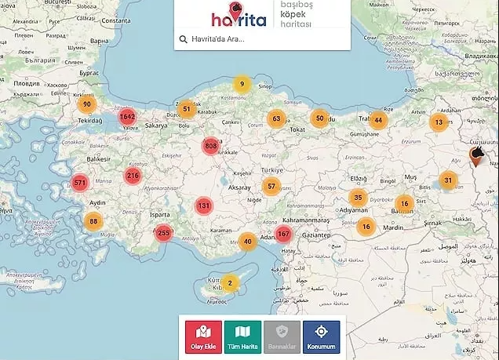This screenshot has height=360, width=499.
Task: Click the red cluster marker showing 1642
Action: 128,117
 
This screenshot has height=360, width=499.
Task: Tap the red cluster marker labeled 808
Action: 210,146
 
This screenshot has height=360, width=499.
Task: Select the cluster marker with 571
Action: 79,183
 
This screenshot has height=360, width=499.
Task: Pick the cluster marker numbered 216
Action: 133,176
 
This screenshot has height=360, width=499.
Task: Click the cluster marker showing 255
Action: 163,232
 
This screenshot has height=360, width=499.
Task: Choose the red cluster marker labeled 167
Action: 283,234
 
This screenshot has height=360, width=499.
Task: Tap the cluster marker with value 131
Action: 204,205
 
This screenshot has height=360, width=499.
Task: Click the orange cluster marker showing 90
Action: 87,104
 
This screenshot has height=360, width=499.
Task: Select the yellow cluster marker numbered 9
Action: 242,84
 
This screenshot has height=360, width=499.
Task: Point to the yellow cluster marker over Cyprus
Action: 230,282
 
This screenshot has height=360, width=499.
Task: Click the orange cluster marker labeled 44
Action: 379,120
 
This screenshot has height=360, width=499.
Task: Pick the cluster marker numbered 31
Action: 448,180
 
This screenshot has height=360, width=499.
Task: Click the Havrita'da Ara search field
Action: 259,39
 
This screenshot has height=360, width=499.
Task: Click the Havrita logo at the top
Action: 238,16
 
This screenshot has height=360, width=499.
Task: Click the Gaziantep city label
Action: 322,235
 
